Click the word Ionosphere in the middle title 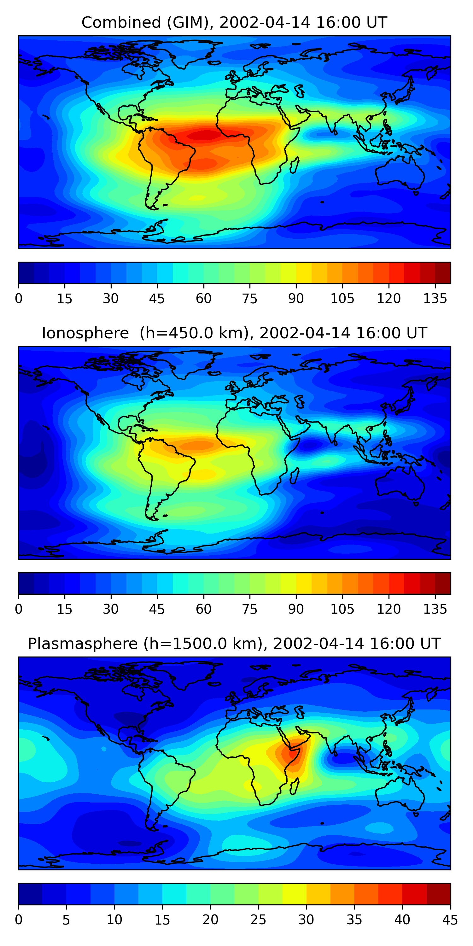[85, 333]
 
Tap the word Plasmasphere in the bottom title [83, 644]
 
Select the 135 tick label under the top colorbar [435, 299]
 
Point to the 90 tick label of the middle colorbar [296, 609]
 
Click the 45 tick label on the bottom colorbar [450, 920]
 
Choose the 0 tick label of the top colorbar [19, 299]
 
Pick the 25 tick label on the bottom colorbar [258, 920]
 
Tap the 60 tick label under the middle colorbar [203, 609]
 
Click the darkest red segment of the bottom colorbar [439, 894]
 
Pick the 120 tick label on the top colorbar [389, 299]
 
